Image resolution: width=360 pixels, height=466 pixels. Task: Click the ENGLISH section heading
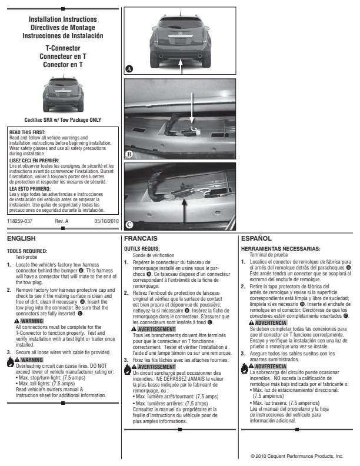pos(21,238)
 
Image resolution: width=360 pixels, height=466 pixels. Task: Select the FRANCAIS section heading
pos(141,238)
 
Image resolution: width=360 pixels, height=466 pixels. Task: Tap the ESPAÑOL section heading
pos(256,238)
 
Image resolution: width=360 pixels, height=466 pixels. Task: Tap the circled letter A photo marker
pos(129,69)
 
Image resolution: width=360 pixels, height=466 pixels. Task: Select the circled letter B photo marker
pos(129,154)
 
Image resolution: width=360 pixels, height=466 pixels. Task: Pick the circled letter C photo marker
pos(129,224)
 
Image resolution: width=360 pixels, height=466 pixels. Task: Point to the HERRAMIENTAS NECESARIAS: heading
pos(281,249)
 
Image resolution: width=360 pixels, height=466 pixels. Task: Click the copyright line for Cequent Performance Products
pos(296,456)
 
